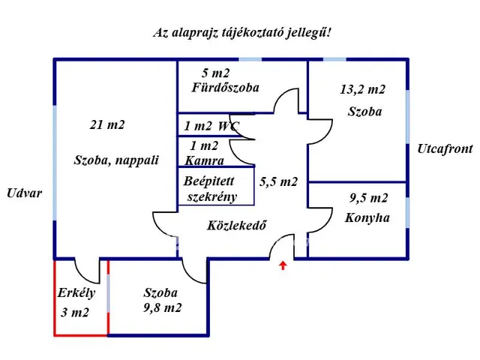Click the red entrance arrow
pos(283,264)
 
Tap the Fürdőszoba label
pos(225,88)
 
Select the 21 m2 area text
pos(107,125)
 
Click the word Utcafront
pos(445,149)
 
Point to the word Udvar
pos(24,193)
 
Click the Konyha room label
pos(367,218)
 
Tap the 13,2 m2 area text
pos(362,90)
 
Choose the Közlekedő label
pos(237,225)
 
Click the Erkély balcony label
pos(76,293)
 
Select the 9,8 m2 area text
pos(163,307)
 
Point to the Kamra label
pos(203,160)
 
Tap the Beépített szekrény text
pos(211,189)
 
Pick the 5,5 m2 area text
pos(279,181)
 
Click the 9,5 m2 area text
pos(369,199)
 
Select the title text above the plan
pos(241,32)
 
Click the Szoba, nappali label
pos(116,160)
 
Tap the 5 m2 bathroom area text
pos(215,73)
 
